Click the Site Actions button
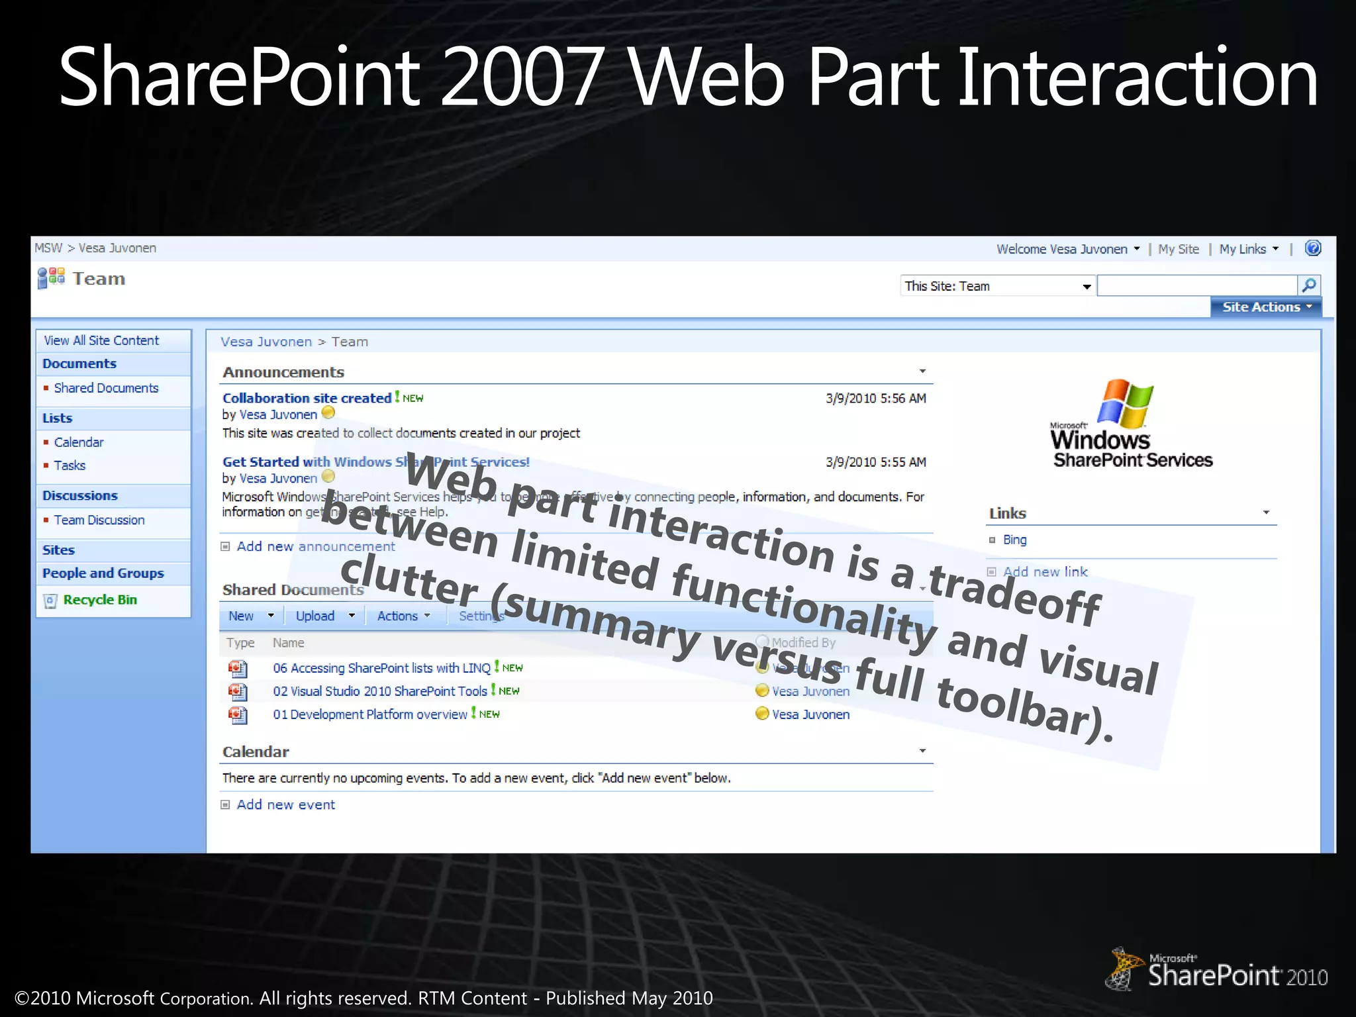[1265, 307]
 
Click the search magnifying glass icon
[1308, 285]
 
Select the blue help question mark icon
[1312, 248]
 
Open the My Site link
[1179, 249]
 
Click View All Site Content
[101, 340]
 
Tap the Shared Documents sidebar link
[106, 388]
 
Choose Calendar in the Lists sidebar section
[79, 442]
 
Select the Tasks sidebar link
[70, 465]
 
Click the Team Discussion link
[99, 520]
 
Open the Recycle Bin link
[100, 600]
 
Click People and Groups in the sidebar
[103, 573]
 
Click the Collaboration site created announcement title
[307, 398]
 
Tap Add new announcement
[315, 546]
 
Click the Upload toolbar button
[315, 616]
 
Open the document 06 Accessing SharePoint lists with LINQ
[381, 668]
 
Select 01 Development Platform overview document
[369, 714]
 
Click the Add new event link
[285, 804]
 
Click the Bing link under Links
[1014, 540]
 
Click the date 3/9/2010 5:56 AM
[875, 398]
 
